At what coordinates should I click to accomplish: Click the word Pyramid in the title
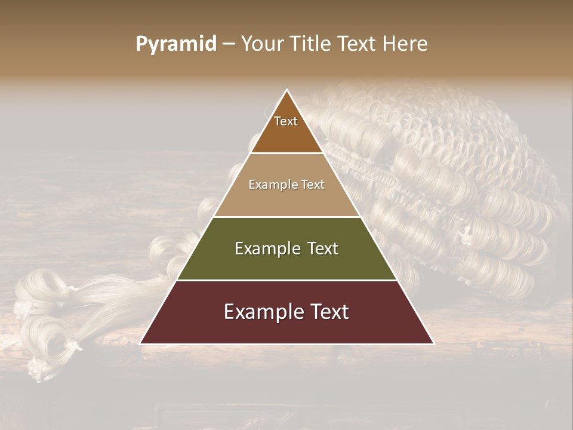pos(176,44)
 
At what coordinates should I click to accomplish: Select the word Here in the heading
pos(406,44)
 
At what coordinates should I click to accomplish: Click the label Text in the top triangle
pos(286,121)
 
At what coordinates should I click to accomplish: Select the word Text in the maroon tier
pos(328,312)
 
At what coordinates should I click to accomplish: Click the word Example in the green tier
pos(266,248)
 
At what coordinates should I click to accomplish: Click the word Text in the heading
pos(358,44)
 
